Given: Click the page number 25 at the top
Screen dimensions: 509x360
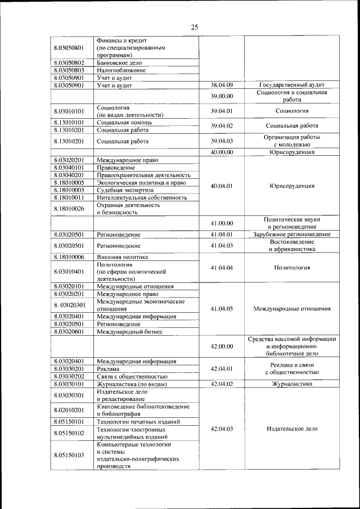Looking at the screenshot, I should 195,26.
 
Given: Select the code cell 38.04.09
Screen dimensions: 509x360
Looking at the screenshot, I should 222,85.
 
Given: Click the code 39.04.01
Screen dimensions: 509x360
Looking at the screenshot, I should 222,111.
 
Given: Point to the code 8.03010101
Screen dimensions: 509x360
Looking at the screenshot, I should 70,111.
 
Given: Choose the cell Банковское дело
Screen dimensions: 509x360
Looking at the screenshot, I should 123,63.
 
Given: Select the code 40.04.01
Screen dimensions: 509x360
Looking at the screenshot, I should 222,186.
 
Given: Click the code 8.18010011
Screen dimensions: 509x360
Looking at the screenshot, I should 70,197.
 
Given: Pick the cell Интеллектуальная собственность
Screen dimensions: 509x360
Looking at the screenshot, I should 141,197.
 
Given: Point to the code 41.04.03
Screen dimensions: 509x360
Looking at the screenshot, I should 222,245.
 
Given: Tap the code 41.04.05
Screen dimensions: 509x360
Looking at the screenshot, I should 222,309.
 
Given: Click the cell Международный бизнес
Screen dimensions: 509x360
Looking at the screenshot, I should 129,332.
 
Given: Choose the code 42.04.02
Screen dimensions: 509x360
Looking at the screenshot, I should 222,384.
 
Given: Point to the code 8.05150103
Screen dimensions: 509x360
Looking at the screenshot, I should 70,454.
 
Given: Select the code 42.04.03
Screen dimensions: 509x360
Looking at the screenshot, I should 222,429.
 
